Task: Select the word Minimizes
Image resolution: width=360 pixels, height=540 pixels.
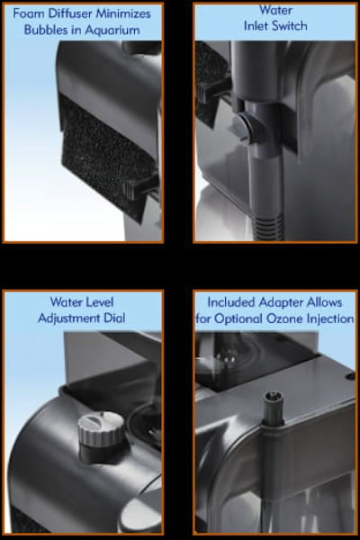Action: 123,13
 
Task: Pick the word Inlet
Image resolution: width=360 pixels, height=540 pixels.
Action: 256,26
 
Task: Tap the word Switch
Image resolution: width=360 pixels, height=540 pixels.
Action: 289,26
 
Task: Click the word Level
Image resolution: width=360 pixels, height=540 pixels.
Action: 100,302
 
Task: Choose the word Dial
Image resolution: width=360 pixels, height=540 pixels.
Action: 114,318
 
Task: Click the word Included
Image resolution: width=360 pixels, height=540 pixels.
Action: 231,302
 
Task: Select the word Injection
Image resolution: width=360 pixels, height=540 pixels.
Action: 330,319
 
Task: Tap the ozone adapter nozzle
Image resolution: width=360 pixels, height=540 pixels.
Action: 274,408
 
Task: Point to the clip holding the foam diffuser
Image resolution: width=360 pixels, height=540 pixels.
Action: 140,186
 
